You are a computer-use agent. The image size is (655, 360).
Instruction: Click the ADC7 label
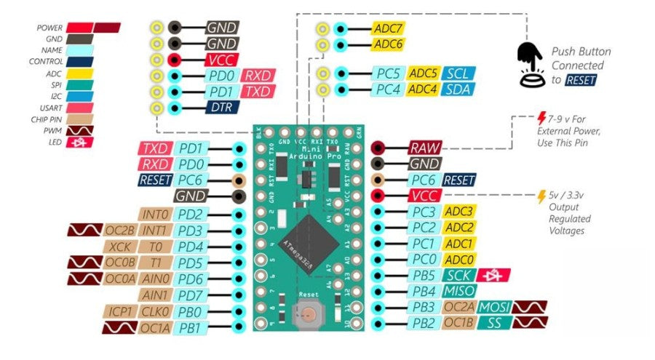coord(388,28)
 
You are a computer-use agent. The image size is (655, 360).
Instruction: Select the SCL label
coord(457,73)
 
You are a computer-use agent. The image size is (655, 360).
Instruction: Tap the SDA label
coord(457,89)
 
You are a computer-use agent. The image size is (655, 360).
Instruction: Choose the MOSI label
coord(494,306)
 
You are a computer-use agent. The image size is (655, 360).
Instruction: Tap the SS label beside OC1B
coord(494,322)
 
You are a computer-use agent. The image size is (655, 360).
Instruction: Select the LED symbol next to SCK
coord(503,275)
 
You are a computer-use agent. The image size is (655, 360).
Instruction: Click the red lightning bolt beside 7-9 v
coord(541,118)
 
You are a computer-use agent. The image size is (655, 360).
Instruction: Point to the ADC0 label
coord(459,259)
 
